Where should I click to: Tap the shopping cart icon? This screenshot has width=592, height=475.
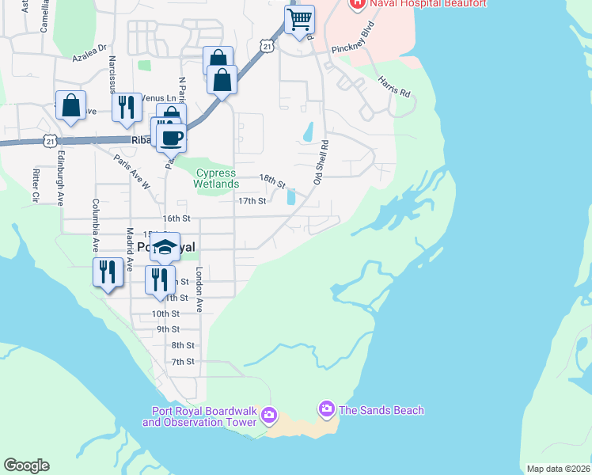point(299,20)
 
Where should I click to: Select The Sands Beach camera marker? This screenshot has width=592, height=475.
point(325,409)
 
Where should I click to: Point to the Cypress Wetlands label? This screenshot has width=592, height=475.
point(216,178)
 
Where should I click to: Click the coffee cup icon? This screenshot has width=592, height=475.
point(171,138)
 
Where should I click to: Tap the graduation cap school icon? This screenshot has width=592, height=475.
point(165,247)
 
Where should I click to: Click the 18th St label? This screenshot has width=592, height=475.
point(271,182)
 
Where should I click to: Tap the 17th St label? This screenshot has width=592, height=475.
point(252,201)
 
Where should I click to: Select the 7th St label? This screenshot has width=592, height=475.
point(183,362)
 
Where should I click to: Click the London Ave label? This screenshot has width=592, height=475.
point(199,289)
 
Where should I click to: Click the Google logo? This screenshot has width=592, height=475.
point(26,465)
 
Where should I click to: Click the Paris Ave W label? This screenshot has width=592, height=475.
point(131,172)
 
